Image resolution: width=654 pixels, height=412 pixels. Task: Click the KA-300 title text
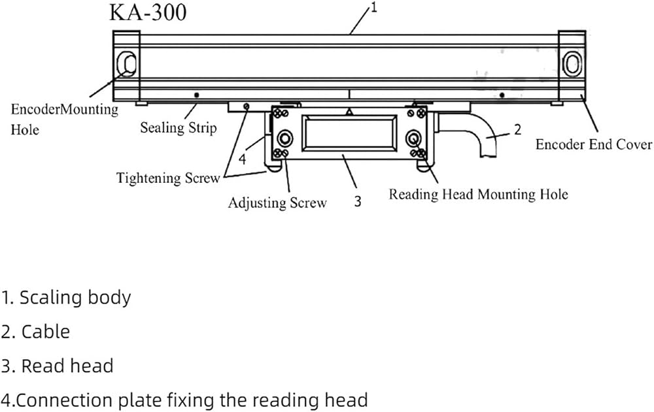click(148, 12)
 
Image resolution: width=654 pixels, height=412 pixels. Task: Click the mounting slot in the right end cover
click(572, 64)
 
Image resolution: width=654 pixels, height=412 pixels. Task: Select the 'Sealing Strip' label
click(178, 127)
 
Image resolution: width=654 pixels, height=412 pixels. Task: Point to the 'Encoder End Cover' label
click(594, 144)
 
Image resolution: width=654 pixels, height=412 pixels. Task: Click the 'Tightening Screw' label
click(167, 178)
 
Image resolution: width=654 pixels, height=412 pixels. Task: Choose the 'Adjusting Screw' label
click(277, 203)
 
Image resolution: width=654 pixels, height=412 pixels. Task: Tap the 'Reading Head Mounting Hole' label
click(479, 194)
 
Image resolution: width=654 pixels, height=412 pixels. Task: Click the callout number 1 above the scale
click(373, 7)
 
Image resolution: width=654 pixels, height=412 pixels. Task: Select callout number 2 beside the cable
click(517, 129)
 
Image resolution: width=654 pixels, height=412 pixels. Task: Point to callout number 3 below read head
click(358, 201)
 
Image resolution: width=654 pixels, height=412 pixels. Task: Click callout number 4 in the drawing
click(243, 159)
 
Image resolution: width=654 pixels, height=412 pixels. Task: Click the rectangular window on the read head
click(349, 133)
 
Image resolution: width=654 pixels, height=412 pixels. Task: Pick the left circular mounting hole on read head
click(285, 138)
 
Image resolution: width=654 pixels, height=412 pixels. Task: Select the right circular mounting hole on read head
click(413, 138)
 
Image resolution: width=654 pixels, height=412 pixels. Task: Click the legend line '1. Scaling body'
click(66, 298)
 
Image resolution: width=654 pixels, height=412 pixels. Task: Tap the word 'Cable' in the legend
click(46, 332)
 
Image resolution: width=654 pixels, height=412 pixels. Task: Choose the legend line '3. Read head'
click(57, 366)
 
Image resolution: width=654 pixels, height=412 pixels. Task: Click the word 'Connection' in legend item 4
click(89, 400)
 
